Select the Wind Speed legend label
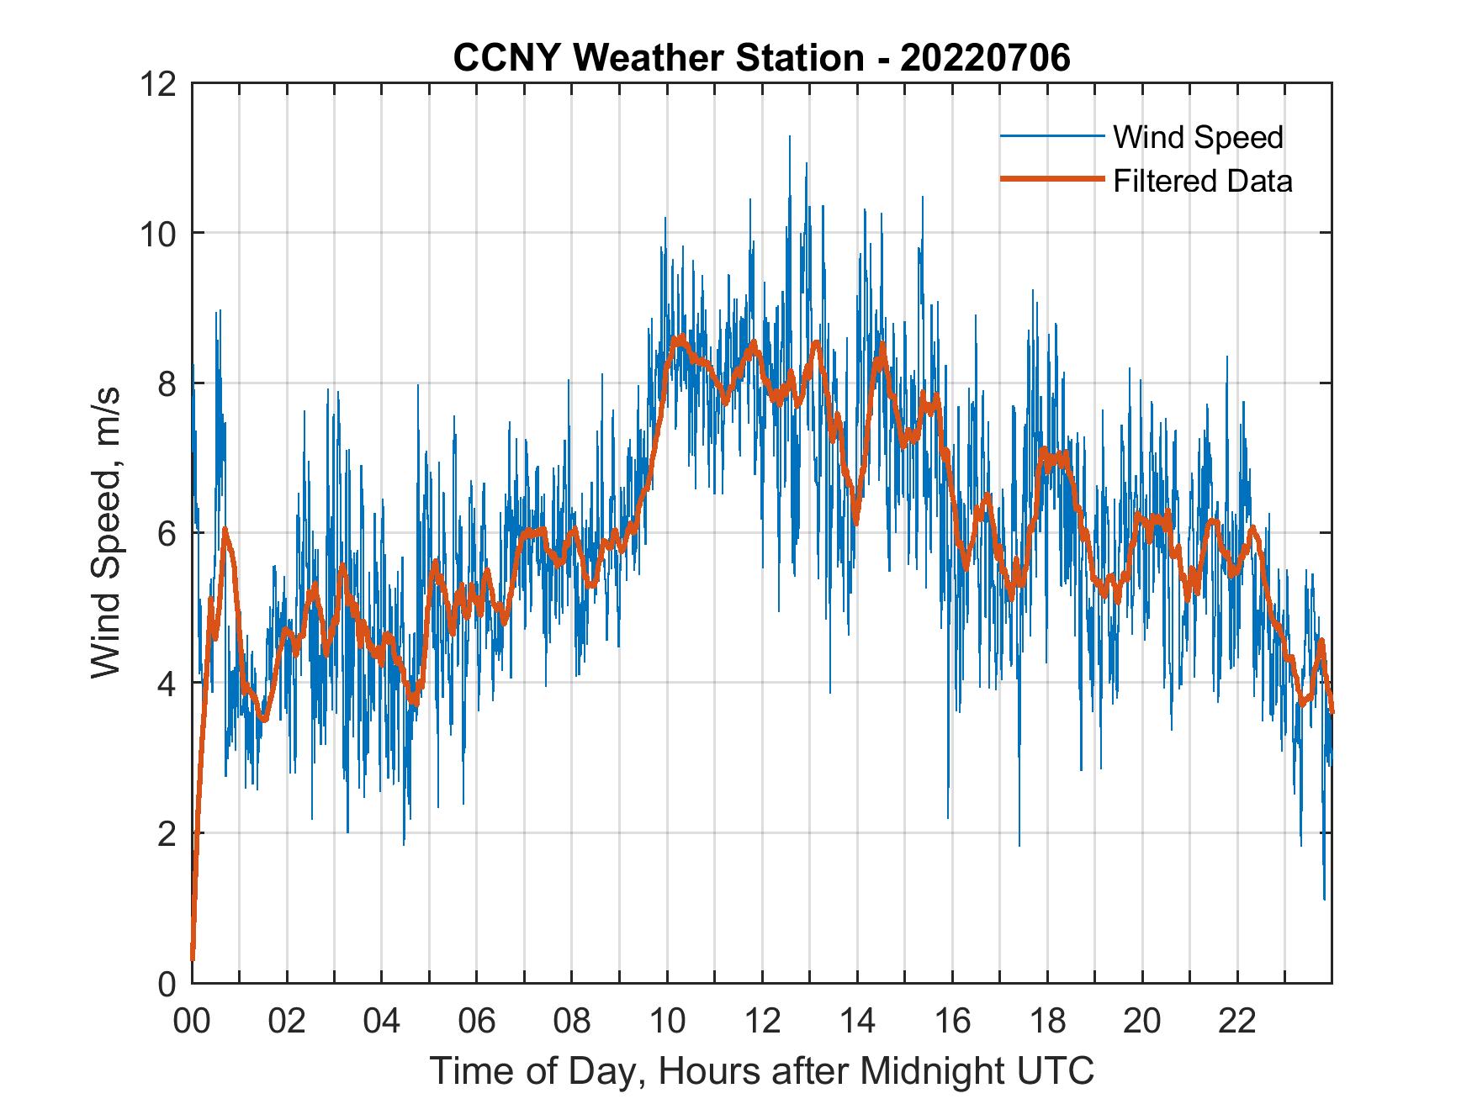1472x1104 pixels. pyautogui.click(x=1198, y=137)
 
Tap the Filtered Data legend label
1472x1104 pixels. pyautogui.click(x=1202, y=181)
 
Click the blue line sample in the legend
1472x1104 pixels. pyautogui.click(x=1051, y=136)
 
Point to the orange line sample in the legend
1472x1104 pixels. pyautogui.click(x=1051, y=180)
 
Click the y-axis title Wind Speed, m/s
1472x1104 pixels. pyautogui.click(x=108, y=532)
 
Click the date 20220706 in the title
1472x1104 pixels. pyautogui.click(x=985, y=58)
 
